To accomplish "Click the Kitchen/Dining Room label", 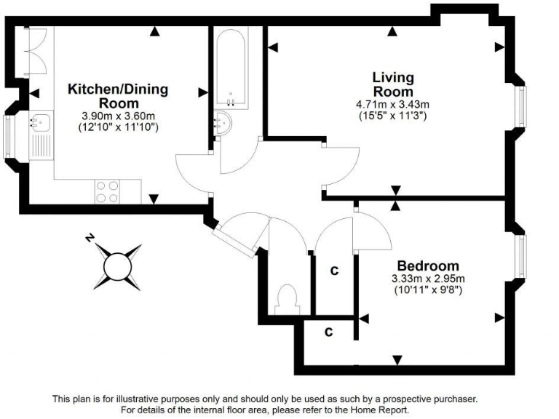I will pyautogui.click(x=118, y=96).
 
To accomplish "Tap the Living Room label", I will pyautogui.click(x=393, y=84).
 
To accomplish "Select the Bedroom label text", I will pyautogui.click(x=428, y=266).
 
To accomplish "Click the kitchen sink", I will pyautogui.click(x=40, y=121).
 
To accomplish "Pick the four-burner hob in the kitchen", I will pyautogui.click(x=107, y=191).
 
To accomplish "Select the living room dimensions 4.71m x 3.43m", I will pyautogui.click(x=393, y=104).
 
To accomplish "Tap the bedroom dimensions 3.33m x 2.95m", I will pyautogui.click(x=428, y=279).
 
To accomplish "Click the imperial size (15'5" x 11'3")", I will pyautogui.click(x=393, y=115).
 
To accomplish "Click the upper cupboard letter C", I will pyautogui.click(x=335, y=271).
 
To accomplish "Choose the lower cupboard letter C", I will pyautogui.click(x=328, y=332).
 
